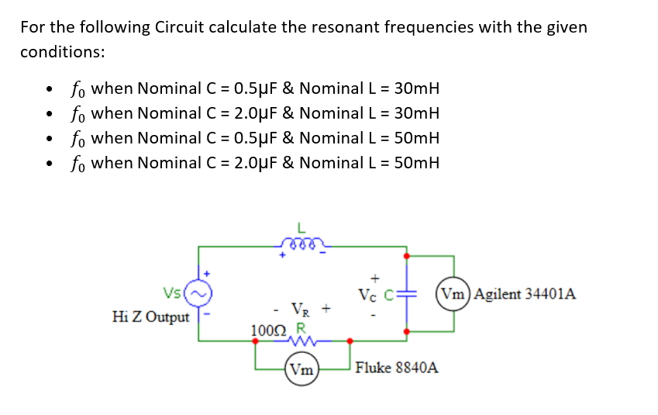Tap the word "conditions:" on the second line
tap(62, 52)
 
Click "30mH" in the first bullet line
tap(416, 88)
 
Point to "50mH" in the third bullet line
tap(416, 138)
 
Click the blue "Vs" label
tap(173, 293)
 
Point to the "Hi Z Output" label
tap(150, 316)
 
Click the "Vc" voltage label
tap(369, 295)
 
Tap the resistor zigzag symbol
tap(300, 339)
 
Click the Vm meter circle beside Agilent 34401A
tap(453, 294)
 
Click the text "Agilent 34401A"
tap(524, 294)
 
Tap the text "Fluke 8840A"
tap(397, 368)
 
